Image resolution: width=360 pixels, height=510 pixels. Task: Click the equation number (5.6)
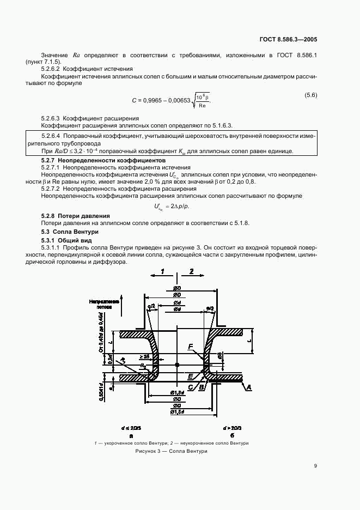tap(310, 95)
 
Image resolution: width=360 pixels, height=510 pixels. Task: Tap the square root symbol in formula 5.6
tap(196, 101)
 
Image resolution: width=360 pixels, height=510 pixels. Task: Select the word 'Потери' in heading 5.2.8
tap(68, 216)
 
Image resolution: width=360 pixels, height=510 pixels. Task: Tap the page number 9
tap(315, 466)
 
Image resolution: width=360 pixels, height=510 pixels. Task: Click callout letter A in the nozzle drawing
tap(249, 387)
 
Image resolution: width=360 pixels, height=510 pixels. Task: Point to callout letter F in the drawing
tap(190, 347)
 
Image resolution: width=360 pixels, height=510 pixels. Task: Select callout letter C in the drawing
tap(191, 387)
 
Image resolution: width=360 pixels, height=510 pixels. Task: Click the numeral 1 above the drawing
tap(162, 271)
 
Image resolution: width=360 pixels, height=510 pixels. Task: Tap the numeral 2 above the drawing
tap(191, 271)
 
